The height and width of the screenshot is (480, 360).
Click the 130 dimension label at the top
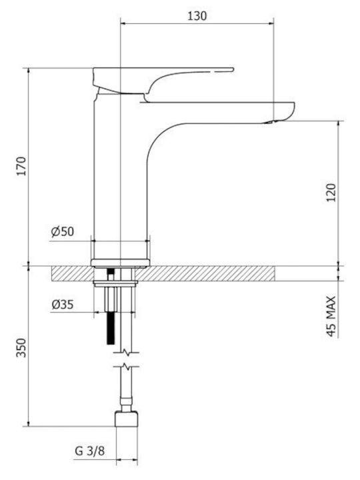[x=197, y=15]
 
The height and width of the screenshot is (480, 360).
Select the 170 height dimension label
[x=22, y=166]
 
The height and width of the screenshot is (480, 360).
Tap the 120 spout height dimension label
[x=331, y=192]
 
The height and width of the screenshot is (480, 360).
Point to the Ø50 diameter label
[x=63, y=231]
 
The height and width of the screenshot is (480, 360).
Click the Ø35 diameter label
[x=63, y=305]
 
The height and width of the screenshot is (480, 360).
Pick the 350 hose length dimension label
[x=21, y=348]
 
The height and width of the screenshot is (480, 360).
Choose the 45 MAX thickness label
[x=331, y=316]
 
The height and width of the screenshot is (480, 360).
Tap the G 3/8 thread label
[x=90, y=451]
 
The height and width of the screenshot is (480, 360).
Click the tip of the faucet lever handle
[x=233, y=69]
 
